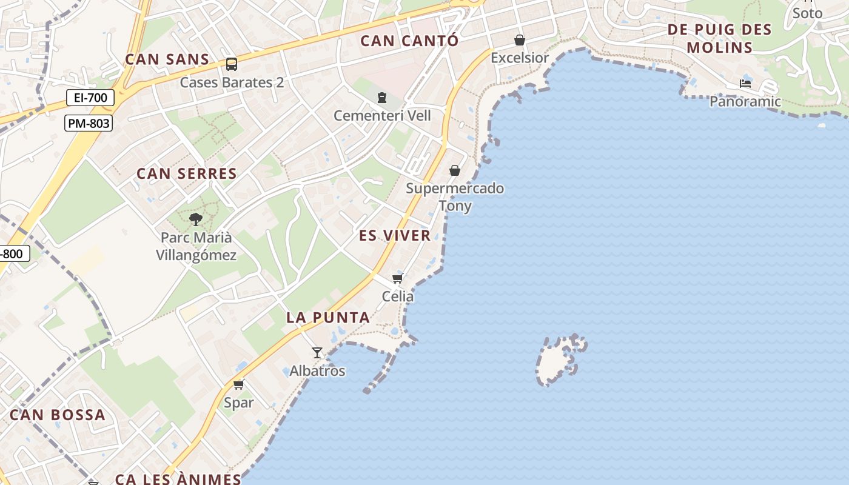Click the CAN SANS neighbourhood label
click(x=167, y=59)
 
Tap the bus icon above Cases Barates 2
click(x=231, y=64)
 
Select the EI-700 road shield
click(x=91, y=98)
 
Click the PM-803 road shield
click(x=89, y=124)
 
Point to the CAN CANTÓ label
click(x=409, y=41)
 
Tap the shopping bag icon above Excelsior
click(x=520, y=41)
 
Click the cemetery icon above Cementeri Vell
click(x=382, y=97)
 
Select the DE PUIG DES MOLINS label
click(x=719, y=38)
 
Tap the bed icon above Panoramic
click(x=745, y=84)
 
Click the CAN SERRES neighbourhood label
click(x=187, y=173)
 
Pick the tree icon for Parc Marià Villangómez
click(x=195, y=219)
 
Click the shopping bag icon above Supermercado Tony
click(x=455, y=170)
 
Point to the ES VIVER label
click(x=395, y=236)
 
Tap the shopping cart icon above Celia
click(x=398, y=279)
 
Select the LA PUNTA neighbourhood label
click(x=328, y=318)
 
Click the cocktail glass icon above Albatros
click(x=317, y=353)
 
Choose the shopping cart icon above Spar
click(x=239, y=384)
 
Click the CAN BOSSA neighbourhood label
click(x=58, y=415)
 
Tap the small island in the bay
click(x=559, y=360)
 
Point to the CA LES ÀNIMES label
click(x=178, y=479)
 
